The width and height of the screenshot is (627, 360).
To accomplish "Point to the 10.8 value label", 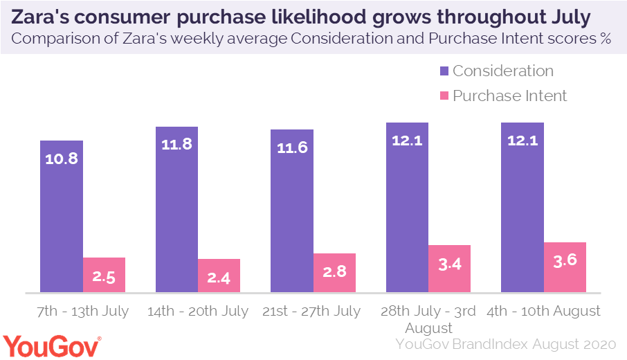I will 62,158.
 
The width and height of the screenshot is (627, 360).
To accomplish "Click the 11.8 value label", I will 176,145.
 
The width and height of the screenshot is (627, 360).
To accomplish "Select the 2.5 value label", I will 104,276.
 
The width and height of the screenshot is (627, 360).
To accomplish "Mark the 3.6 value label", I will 565,260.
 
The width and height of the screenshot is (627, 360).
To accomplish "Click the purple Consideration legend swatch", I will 444,71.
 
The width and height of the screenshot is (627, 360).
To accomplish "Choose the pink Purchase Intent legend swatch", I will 444,96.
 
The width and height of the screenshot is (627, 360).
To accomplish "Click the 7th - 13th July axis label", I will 83,311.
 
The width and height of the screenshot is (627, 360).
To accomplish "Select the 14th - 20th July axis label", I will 198,311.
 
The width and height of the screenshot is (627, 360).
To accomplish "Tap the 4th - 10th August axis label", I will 543,311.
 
